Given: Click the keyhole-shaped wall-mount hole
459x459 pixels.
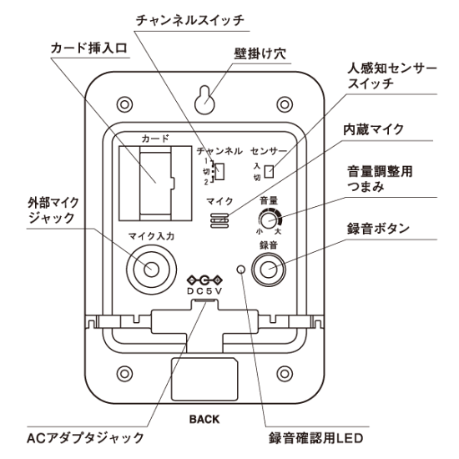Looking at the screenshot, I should pyautogui.click(x=205, y=98).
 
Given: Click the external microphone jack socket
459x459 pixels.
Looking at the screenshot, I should pyautogui.click(x=150, y=269).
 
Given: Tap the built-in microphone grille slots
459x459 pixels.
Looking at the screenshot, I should pyautogui.click(x=219, y=219).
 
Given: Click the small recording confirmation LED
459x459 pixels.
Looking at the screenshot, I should pyautogui.click(x=241, y=269).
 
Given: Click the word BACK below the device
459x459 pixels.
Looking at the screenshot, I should pyautogui.click(x=204, y=419).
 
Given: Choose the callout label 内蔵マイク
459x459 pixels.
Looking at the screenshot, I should pyautogui.click(x=375, y=129).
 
